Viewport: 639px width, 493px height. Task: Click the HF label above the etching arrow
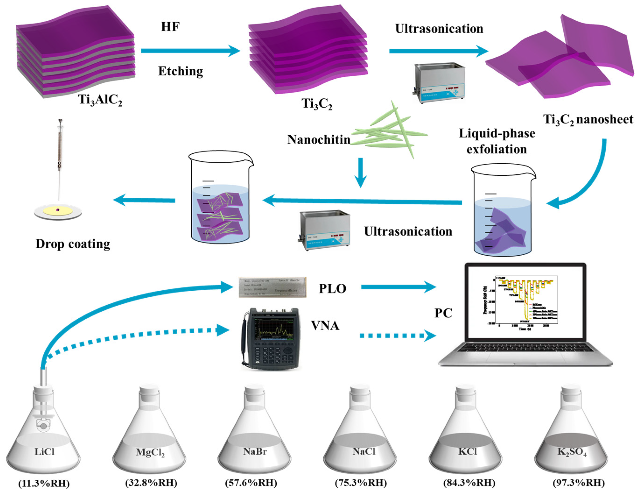[x=170, y=27]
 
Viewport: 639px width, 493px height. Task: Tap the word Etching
[x=181, y=71]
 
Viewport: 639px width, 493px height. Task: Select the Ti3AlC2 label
[x=100, y=100]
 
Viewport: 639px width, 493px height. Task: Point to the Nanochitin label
[x=319, y=140]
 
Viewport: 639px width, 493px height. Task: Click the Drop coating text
[x=73, y=244]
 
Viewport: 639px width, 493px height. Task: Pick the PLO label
[x=332, y=289]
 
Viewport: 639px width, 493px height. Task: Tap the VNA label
[x=325, y=326]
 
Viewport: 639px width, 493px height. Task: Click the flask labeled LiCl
[x=43, y=433]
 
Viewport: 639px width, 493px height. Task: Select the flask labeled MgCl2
[x=149, y=433]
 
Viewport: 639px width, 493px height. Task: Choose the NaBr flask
[x=254, y=433]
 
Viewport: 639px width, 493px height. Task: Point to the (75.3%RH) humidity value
[x=361, y=482]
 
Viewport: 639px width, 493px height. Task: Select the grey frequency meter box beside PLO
[x=272, y=287]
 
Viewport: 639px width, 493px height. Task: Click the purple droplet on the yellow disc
[x=58, y=210]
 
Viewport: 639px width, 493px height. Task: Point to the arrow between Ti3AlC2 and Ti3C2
[x=190, y=51]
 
